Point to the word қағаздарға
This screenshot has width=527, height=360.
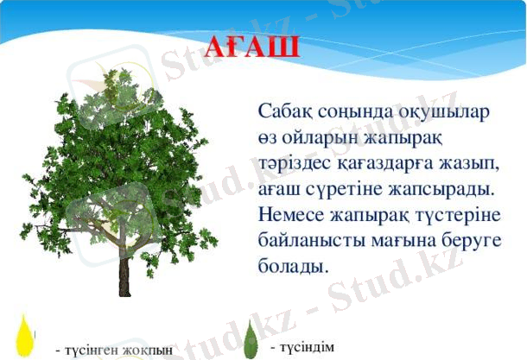(385, 161)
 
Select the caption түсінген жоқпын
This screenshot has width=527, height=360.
(113, 350)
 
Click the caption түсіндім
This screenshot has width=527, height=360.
(302, 346)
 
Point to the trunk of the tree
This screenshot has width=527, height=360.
(124, 275)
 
